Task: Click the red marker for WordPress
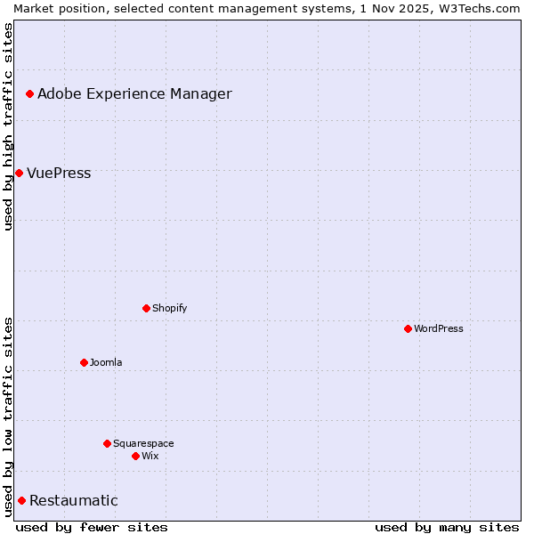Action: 408,328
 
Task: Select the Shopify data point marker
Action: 146,308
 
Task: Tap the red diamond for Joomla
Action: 84,362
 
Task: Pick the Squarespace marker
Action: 107,443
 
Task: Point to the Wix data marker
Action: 135,456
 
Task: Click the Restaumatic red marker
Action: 21,500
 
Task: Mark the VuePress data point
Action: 19,173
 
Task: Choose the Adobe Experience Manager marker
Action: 29,93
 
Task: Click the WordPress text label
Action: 439,328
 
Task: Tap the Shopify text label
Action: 169,308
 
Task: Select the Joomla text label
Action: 106,362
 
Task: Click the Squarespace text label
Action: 143,443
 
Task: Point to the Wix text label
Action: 150,456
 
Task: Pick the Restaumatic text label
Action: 74,500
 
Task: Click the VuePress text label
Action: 59,173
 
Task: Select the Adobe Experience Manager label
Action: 134,93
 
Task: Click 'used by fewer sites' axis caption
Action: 92,527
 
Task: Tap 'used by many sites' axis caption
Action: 447,527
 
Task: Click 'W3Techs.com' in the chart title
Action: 481,7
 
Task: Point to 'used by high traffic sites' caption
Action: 8,126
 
